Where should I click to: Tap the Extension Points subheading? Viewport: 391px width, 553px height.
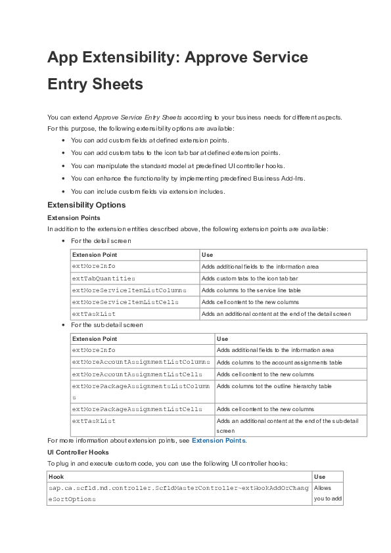tap(74, 217)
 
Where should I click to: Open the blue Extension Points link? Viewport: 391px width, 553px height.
tap(218, 441)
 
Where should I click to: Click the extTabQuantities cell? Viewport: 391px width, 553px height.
tap(103, 278)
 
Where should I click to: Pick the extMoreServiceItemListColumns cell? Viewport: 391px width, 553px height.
tap(129, 290)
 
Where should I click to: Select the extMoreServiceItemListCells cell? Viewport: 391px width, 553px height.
tap(125, 302)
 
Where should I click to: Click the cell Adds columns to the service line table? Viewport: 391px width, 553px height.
tap(251, 290)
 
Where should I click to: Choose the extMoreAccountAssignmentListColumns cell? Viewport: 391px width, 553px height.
tap(141, 362)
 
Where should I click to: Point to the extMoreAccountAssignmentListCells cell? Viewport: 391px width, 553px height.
tap(137, 374)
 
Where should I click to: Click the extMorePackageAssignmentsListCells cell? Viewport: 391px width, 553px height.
tap(137, 409)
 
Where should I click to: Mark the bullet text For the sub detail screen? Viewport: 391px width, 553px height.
tap(106, 325)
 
